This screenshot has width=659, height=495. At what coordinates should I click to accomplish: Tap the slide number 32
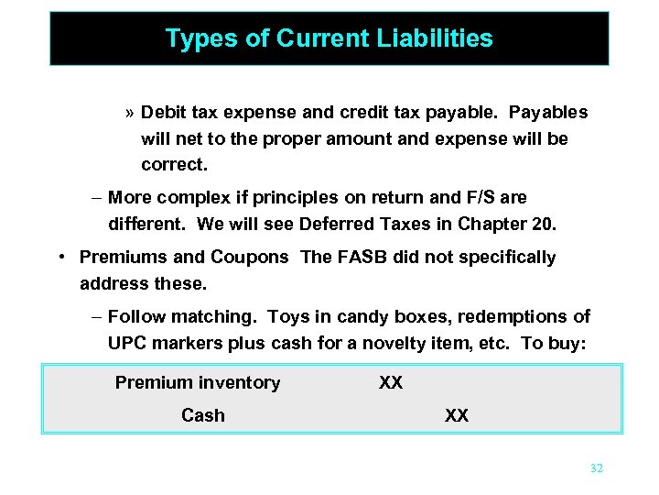coord(597,468)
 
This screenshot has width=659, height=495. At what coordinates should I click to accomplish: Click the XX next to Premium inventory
coord(391,382)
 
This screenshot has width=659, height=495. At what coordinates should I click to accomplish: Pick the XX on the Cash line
coord(457,415)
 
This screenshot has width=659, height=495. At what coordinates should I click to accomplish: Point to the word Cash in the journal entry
coord(202,415)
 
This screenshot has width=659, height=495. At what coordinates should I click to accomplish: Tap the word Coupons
coord(250,258)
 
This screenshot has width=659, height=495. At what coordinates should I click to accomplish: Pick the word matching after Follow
coord(210,317)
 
